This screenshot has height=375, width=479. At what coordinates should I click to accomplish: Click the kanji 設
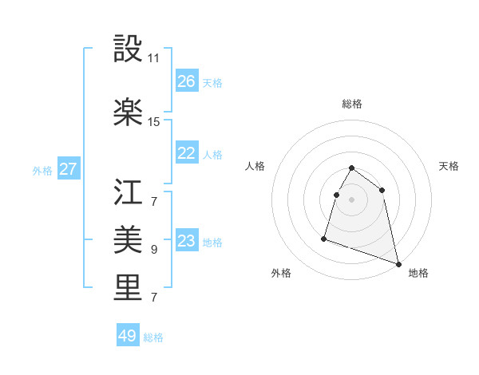[x=128, y=49]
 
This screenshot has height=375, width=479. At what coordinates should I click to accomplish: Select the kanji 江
[x=128, y=191]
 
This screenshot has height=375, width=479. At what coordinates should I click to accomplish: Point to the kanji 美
[x=128, y=239]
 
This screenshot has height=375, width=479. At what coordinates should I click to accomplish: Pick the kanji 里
[x=128, y=287]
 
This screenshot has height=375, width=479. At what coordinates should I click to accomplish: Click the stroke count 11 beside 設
[x=154, y=58]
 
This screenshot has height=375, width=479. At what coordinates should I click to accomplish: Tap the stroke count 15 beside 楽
[x=154, y=122]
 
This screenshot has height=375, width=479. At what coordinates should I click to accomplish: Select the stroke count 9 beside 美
[x=154, y=250]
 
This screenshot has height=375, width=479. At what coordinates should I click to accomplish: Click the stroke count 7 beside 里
[x=154, y=298]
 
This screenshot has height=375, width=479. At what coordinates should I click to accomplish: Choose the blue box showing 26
[x=187, y=81]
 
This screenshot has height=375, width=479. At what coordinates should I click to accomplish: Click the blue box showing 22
[x=187, y=153]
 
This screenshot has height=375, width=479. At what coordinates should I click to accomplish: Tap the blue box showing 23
[x=187, y=241]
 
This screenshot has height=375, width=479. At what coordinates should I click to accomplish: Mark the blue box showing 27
[x=69, y=169]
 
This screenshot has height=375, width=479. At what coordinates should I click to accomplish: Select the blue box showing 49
[x=128, y=336]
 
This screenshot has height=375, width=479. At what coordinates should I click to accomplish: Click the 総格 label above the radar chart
[x=352, y=104]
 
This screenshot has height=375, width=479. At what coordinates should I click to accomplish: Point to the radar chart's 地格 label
[x=418, y=273]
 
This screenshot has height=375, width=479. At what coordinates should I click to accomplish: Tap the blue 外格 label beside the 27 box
[x=42, y=170]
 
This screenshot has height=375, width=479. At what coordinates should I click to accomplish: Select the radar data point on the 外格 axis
[x=324, y=238]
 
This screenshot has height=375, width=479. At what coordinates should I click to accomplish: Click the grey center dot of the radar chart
[x=352, y=199]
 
